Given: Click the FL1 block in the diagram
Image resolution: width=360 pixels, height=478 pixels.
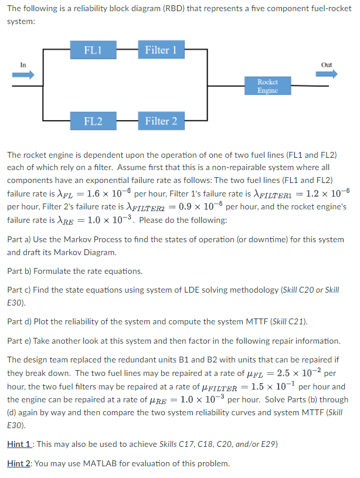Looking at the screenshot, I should coord(93,50).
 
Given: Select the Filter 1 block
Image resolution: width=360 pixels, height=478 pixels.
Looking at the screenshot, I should coord(161,50).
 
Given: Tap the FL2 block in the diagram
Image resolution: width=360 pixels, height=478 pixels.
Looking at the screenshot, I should coord(93,121).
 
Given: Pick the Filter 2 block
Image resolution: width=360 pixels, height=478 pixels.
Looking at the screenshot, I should coord(161,121).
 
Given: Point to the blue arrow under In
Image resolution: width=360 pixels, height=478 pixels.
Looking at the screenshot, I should coord(24,74).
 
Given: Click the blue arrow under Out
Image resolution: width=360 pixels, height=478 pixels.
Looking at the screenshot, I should coord(326,74).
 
